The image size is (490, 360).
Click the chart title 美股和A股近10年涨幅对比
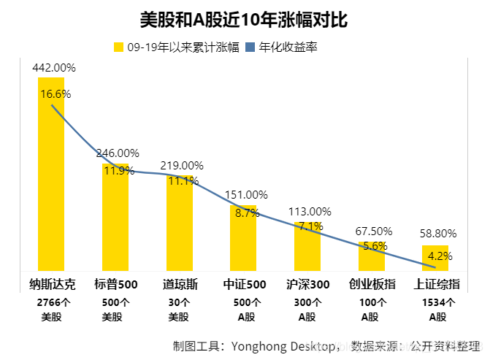point(243,20)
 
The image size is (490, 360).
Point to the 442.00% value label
point(54,67)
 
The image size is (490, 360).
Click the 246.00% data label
point(118,153)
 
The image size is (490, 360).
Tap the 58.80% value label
point(438,234)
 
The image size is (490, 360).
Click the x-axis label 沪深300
point(308,284)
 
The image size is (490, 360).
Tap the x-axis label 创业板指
point(372,284)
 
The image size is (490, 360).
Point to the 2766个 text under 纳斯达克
point(52,302)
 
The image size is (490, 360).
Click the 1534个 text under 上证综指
point(437,302)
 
